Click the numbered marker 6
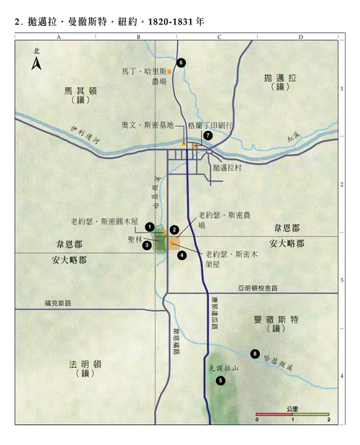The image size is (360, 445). [x=181, y=63]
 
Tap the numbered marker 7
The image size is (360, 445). [x=207, y=135]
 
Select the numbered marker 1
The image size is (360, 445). [x=149, y=227]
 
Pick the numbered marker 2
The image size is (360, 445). [x=174, y=230]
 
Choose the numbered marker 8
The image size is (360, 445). [x=254, y=353]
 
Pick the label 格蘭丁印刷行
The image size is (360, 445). [x=211, y=125]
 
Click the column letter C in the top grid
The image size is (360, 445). [x=218, y=37]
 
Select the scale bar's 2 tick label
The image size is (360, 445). [x=328, y=419]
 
